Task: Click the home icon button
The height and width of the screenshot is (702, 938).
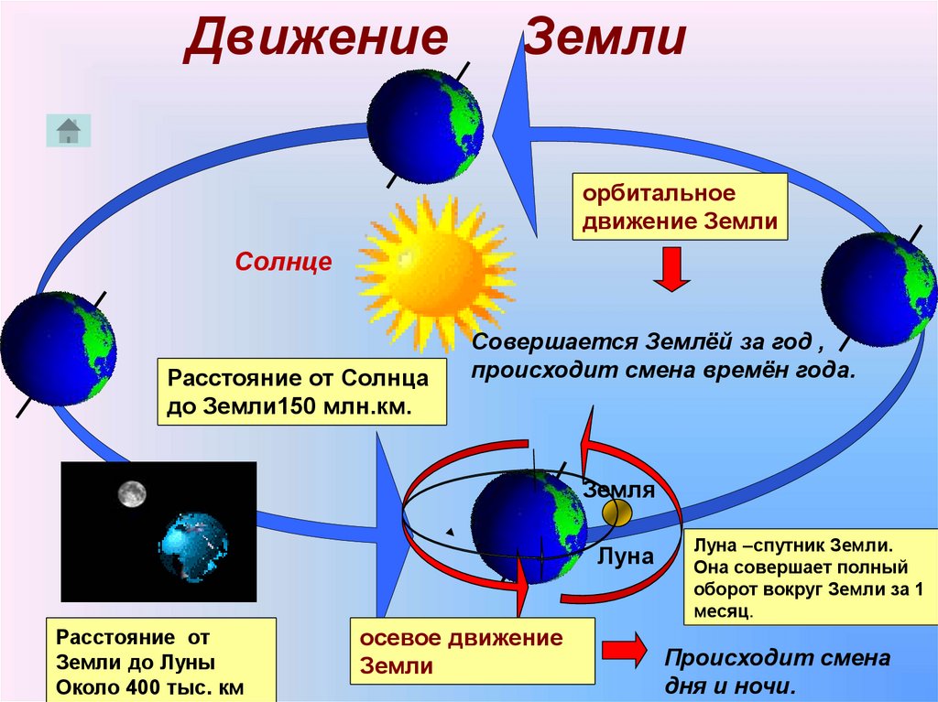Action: click(69, 131)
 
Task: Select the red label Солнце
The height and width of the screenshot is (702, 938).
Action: click(283, 263)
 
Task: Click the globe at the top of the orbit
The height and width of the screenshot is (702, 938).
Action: click(425, 125)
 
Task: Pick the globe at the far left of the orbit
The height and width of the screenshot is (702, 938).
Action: click(58, 349)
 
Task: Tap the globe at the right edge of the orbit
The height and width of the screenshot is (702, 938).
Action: click(878, 288)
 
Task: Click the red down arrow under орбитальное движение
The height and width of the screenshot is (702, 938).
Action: click(672, 272)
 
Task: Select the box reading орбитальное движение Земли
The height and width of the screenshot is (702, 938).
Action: click(681, 208)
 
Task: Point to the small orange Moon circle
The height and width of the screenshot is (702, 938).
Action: click(617, 513)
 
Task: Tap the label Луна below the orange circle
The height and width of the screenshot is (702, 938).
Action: click(626, 556)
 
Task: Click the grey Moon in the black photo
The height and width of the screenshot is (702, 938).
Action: click(132, 494)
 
